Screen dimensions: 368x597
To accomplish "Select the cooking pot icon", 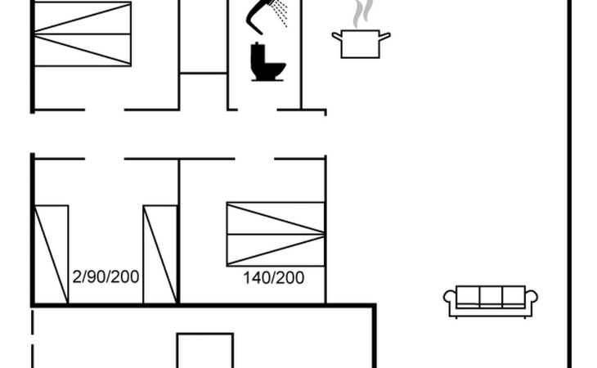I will click(x=361, y=43).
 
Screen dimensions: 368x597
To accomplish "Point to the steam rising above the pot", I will click(x=361, y=14).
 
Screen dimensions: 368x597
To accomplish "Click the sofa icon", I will click(x=490, y=301).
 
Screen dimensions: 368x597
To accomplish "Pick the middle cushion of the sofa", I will click(x=490, y=296).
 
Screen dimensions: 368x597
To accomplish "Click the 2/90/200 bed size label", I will click(x=105, y=276).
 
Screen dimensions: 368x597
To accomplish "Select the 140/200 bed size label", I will click(x=273, y=278).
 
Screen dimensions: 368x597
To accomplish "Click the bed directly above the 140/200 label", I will click(x=275, y=234).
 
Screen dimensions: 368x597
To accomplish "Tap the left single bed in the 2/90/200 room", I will click(x=51, y=254).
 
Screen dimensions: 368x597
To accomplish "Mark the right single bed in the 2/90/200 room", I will click(x=160, y=254).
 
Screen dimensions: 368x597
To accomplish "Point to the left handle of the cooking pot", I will click(x=336, y=35).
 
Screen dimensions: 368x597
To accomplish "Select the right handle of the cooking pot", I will click(x=385, y=35).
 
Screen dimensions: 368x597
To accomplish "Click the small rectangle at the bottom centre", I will click(x=205, y=350).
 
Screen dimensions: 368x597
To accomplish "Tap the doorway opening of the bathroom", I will click(x=265, y=109).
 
